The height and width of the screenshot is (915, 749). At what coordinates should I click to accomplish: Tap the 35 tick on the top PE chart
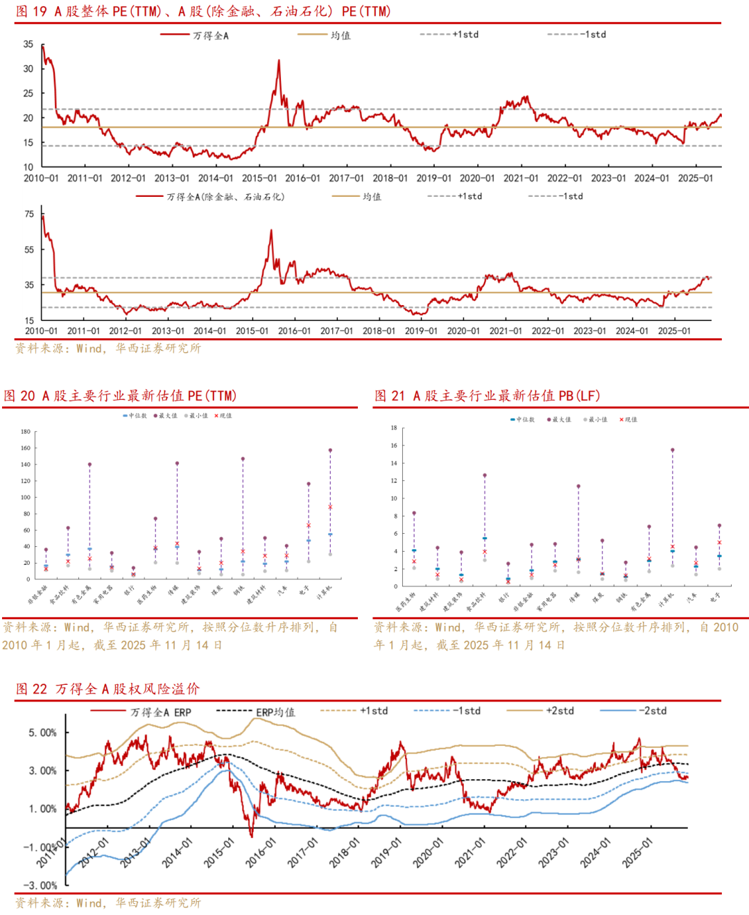(x=28, y=44)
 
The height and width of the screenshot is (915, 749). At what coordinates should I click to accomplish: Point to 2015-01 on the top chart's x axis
(x=259, y=178)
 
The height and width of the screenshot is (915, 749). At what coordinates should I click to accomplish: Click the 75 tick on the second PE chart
(x=29, y=214)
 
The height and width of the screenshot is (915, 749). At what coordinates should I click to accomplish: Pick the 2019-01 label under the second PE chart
(x=421, y=331)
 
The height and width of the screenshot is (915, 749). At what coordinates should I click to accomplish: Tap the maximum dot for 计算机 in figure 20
(x=330, y=450)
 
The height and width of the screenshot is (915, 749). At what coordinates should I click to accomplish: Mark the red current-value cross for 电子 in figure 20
(x=309, y=525)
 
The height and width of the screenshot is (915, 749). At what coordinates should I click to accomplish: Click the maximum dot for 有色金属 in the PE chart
(x=89, y=464)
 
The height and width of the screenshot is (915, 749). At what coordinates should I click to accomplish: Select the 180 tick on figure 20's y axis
(x=26, y=431)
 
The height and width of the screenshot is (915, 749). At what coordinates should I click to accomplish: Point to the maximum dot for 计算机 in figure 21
(x=673, y=450)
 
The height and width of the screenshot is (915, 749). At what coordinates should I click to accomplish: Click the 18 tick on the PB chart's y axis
(x=394, y=428)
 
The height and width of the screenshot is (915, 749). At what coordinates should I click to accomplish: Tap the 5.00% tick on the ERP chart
(x=43, y=733)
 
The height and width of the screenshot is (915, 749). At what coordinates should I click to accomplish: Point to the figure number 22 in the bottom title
(x=40, y=688)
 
